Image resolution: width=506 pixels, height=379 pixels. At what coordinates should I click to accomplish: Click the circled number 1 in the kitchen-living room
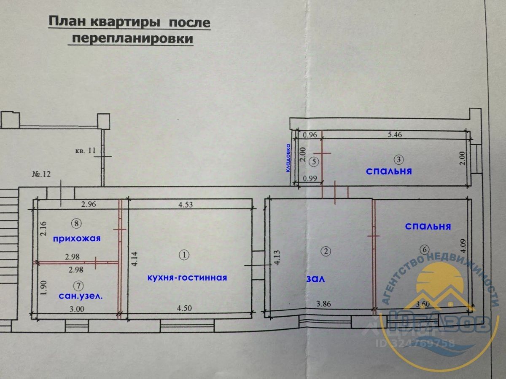[x=184, y=255]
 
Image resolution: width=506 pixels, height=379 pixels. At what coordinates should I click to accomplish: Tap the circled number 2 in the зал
[x=326, y=251]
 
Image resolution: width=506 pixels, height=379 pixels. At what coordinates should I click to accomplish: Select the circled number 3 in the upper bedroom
[x=398, y=159]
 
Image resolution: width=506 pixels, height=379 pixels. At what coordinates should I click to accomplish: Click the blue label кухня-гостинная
[x=187, y=278]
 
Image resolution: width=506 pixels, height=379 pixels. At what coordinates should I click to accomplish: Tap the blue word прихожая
[x=77, y=239]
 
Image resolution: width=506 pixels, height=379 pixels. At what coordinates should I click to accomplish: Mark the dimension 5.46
[x=396, y=136]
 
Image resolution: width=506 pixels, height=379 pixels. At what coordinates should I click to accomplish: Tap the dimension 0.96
[x=310, y=136]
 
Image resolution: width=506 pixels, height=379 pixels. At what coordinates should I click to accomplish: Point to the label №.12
[x=41, y=174]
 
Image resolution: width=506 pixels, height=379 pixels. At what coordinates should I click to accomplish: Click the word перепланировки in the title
[x=133, y=39]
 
